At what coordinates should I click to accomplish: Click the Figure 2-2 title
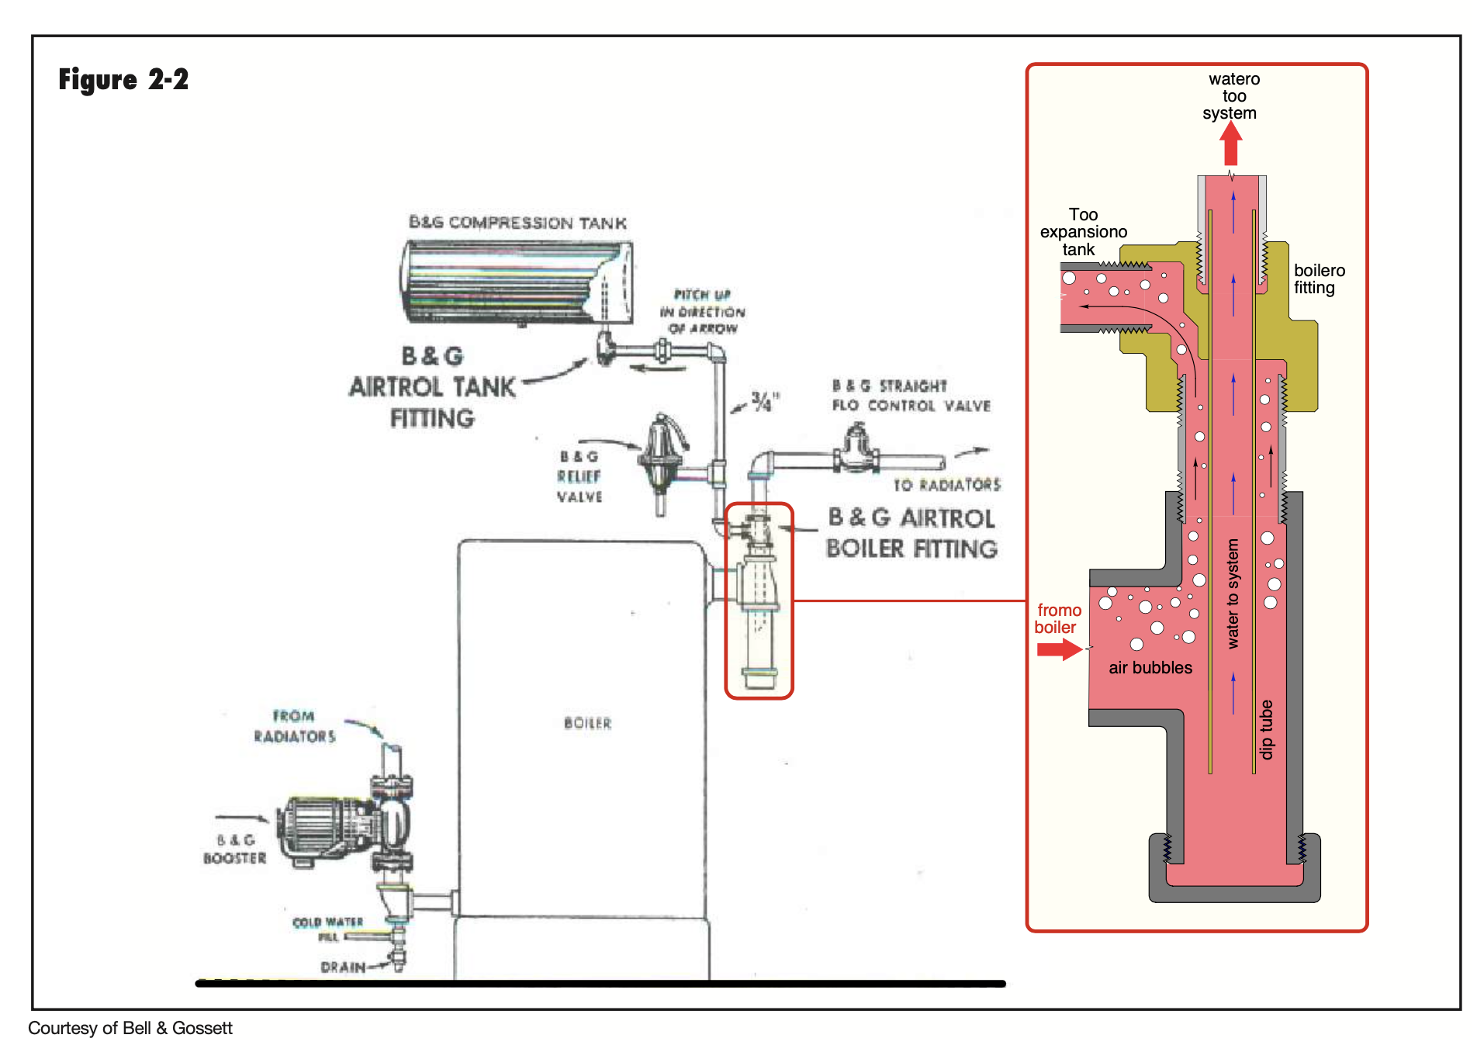[123, 80]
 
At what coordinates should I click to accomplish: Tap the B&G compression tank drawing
[516, 282]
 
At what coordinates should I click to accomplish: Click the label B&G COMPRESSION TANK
[517, 223]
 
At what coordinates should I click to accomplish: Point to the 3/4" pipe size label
[764, 401]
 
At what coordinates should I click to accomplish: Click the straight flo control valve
[856, 450]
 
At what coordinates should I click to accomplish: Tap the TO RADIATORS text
[946, 485]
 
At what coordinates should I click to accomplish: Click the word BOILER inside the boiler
[587, 723]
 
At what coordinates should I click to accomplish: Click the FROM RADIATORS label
[295, 726]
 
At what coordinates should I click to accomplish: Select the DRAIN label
[343, 967]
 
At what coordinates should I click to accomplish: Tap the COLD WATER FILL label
[328, 929]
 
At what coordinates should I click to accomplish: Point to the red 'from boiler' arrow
[1059, 649]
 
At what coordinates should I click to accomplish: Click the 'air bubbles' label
[1150, 668]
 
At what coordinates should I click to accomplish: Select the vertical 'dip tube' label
[1266, 729]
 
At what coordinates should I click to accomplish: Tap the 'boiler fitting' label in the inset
[1319, 279]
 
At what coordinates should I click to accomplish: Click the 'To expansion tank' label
[1083, 232]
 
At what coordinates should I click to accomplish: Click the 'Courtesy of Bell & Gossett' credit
[130, 1028]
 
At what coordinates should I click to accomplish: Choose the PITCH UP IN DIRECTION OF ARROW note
[702, 312]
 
